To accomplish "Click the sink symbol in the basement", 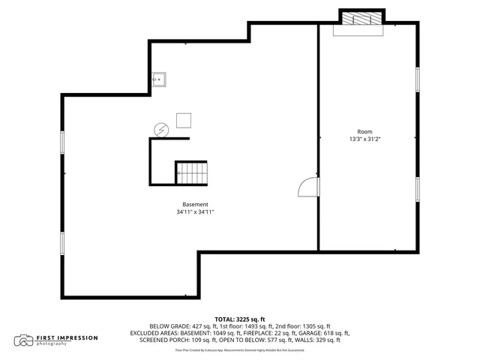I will coord(158,79).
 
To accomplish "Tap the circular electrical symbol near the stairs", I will coord(160,130).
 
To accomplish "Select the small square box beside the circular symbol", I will coord(184,120).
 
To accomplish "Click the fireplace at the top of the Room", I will coord(362,20).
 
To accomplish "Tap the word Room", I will coord(364,131).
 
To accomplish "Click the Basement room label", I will coord(195,205).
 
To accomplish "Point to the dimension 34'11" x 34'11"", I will coord(195,213).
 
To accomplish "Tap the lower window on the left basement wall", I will coord(63,243).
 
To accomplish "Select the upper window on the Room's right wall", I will coord(417,79).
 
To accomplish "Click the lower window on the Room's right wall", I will coord(417,189).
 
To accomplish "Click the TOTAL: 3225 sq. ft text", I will coord(240,319).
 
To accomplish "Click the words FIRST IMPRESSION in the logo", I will coord(67,337).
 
